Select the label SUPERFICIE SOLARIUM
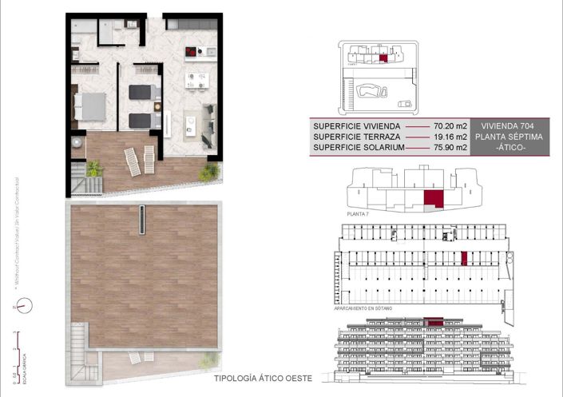click(359, 148)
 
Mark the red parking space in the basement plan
click(463, 258)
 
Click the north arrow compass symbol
click(25, 304)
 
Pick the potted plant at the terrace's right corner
click(210, 171)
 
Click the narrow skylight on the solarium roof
click(142, 220)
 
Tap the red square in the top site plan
click(384, 57)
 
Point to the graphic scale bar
click(18, 347)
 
